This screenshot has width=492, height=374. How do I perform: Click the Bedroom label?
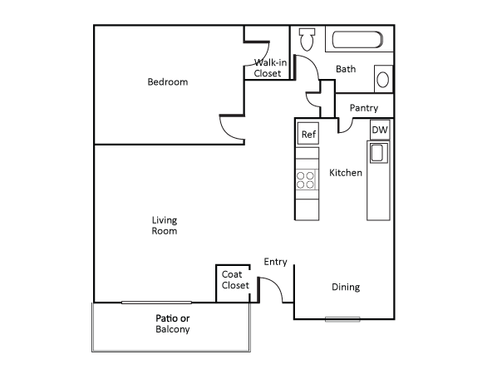(167, 82)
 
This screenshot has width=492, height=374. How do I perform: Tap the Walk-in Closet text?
(268, 68)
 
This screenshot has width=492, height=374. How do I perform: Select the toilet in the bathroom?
(306, 38)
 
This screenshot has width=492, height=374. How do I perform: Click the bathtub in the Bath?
(356, 40)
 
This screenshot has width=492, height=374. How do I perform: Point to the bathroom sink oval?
(382, 80)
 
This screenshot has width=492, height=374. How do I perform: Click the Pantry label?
(363, 108)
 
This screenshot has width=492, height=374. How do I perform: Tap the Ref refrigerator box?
(307, 134)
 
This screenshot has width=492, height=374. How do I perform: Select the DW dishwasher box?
(379, 130)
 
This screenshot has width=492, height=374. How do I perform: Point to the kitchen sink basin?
(377, 153)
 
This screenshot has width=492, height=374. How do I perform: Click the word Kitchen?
(346, 173)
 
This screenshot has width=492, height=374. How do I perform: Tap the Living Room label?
(165, 226)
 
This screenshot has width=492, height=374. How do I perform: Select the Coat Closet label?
(235, 280)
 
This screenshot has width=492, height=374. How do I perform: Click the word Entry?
(275, 263)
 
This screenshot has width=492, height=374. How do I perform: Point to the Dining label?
(346, 288)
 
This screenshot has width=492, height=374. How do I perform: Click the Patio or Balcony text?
(173, 324)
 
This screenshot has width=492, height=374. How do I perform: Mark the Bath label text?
(346, 69)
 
